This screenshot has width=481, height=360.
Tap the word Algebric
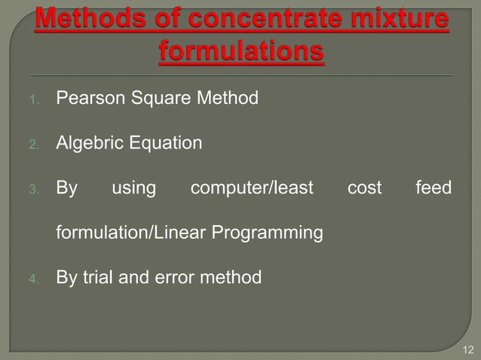(x=90, y=142)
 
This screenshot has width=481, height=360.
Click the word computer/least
(x=251, y=188)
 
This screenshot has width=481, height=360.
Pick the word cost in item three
(x=364, y=188)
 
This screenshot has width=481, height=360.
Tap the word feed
(x=434, y=188)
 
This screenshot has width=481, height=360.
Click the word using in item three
(x=134, y=188)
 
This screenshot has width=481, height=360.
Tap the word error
(x=184, y=279)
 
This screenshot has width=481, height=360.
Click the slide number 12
(x=468, y=349)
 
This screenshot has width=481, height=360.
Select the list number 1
(x=34, y=99)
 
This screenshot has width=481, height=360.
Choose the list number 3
(x=34, y=189)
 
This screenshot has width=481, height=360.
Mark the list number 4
(x=34, y=279)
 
